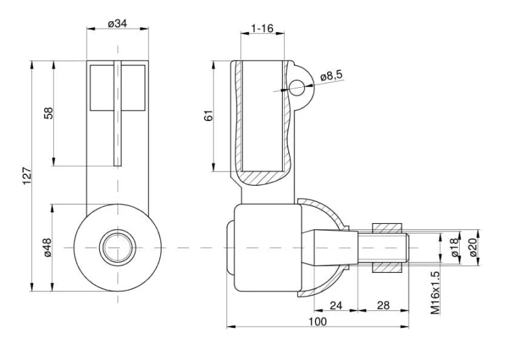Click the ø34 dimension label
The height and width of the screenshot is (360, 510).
pos(118,24)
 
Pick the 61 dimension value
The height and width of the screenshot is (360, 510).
pos(209,116)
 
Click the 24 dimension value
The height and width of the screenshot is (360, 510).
pos(335,305)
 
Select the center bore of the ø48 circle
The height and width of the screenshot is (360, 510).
pos(117,247)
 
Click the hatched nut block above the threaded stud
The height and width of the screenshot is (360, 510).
pos(388,226)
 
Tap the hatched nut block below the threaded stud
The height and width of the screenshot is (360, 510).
pos(388,268)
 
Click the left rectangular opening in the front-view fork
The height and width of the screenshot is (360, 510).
pos(102,86)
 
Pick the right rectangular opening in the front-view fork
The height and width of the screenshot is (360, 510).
pos(133,86)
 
